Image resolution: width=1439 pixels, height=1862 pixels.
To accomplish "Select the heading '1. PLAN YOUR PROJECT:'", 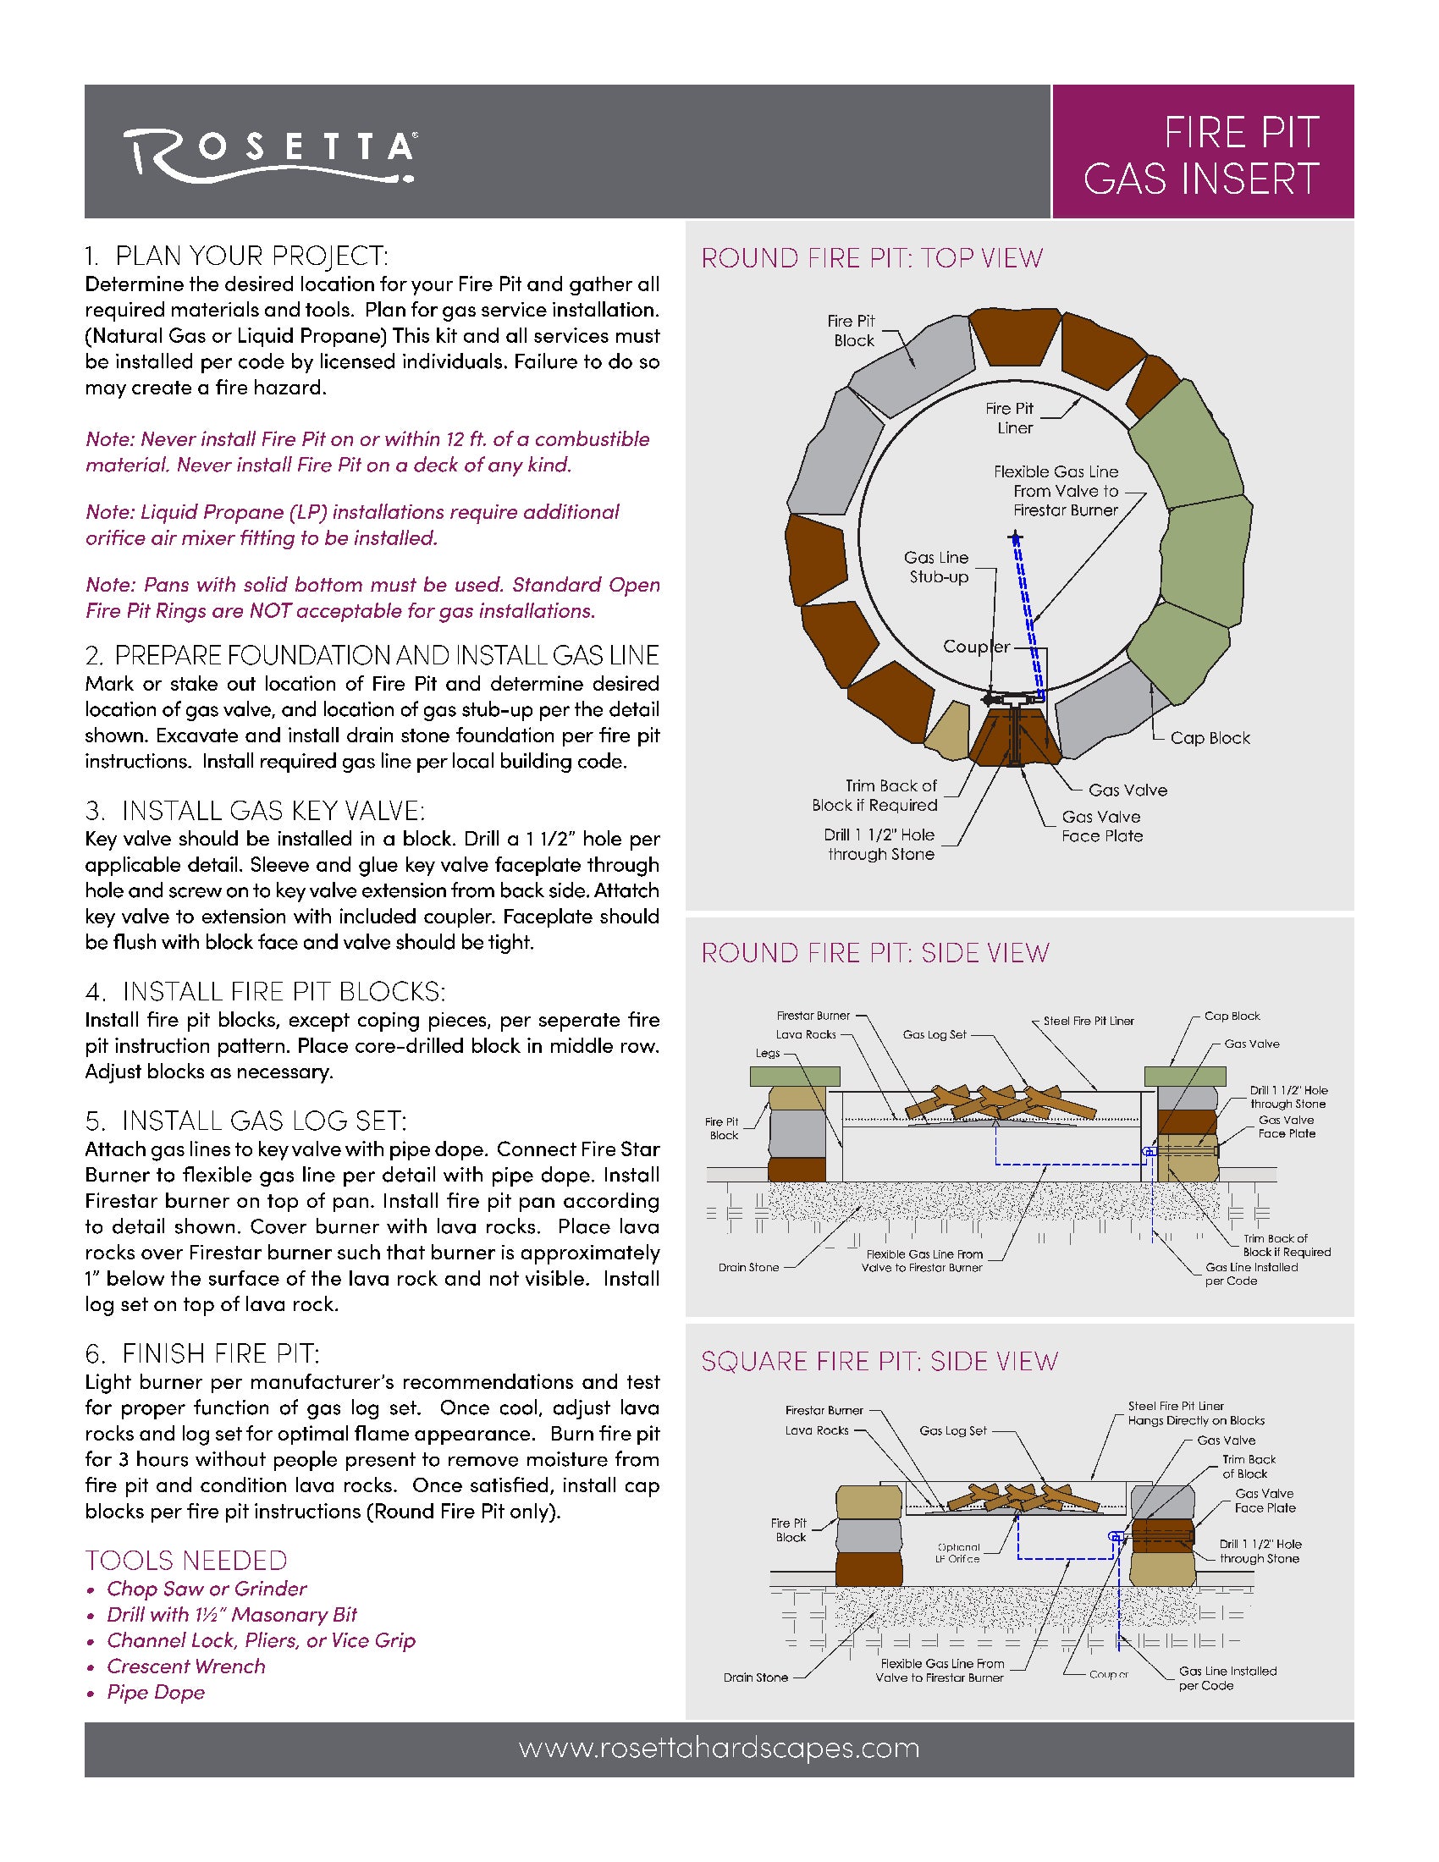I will click(236, 255).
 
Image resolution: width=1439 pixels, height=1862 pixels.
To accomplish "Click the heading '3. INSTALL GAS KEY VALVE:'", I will click(255, 810).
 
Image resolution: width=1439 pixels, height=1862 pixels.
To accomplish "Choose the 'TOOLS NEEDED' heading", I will click(186, 1560).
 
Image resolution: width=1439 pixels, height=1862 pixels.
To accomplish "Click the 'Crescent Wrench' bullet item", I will click(186, 1666).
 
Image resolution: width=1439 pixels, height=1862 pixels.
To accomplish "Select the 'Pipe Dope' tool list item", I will click(156, 1693).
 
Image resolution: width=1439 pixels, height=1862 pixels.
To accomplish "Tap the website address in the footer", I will click(719, 1749).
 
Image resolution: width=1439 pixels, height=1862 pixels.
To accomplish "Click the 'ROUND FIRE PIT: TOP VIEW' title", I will click(871, 258).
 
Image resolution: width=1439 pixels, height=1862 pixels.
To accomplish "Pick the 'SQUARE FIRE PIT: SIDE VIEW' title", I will click(879, 1361).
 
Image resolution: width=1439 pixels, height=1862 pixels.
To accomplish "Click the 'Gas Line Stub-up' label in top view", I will click(936, 567).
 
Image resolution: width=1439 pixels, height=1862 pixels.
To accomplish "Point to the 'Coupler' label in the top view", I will click(976, 647).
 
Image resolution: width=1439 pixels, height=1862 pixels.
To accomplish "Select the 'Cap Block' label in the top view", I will click(1210, 738).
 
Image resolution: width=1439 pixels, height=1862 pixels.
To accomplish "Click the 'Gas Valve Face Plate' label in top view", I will click(1101, 826).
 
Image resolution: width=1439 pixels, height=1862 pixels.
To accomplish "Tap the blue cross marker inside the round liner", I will click(1014, 538).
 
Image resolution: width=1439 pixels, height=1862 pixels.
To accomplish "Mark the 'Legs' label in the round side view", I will click(767, 1053).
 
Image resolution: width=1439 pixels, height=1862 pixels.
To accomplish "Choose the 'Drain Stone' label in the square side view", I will click(755, 1677).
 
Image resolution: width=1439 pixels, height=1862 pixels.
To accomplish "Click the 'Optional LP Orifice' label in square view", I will click(958, 1552).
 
